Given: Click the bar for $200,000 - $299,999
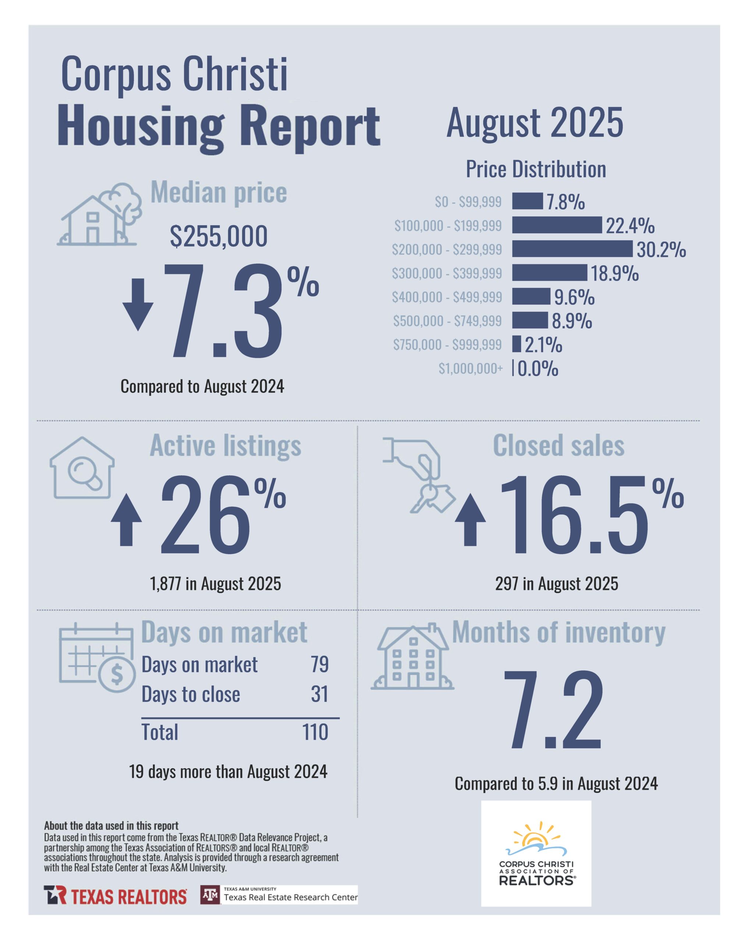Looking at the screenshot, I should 572,249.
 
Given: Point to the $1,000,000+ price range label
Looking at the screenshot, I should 470,369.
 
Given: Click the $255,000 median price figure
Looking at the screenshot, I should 219,236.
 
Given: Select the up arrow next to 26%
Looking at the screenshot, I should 126,520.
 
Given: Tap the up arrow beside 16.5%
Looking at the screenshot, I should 470,520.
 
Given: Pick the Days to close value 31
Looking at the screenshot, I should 319,694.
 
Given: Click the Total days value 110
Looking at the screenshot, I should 315,732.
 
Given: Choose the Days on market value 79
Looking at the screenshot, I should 319,664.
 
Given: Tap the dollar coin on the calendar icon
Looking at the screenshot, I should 117,674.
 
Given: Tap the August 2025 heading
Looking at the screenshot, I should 535,123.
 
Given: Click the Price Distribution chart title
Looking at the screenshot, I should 536,169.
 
